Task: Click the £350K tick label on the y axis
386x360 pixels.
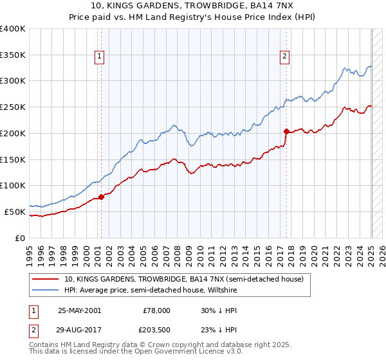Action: point(13,55)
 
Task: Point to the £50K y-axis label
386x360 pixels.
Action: point(15,212)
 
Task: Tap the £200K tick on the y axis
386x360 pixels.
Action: point(13,133)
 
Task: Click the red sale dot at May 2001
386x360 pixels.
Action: point(101,197)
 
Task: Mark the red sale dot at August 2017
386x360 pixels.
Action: point(286,131)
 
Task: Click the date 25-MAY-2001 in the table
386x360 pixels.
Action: point(79,310)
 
